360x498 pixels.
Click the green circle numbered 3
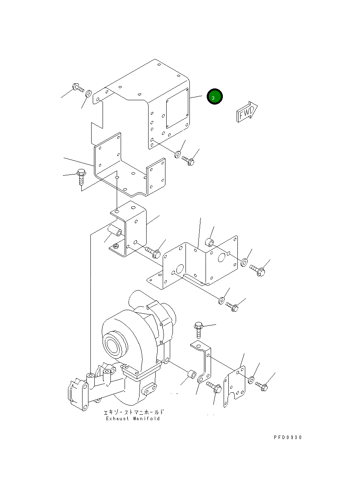pyautogui.click(x=215, y=97)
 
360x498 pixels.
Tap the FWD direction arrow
pyautogui.click(x=246, y=112)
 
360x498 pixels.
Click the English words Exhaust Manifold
pyautogui.click(x=133, y=419)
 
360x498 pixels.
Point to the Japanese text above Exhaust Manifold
pyautogui.click(x=133, y=412)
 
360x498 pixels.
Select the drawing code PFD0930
pyautogui.click(x=288, y=437)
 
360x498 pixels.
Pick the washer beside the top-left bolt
pyautogui.click(x=89, y=94)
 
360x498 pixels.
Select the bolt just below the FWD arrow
pyautogui.click(x=189, y=160)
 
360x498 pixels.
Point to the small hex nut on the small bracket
pyautogui.click(x=116, y=246)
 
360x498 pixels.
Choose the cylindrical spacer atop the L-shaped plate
pyautogui.click(x=211, y=241)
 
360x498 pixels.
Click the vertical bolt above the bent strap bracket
pyautogui.click(x=198, y=329)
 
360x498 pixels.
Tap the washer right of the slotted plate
pyautogui.click(x=251, y=380)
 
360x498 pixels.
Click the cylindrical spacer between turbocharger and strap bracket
pyautogui.click(x=192, y=374)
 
